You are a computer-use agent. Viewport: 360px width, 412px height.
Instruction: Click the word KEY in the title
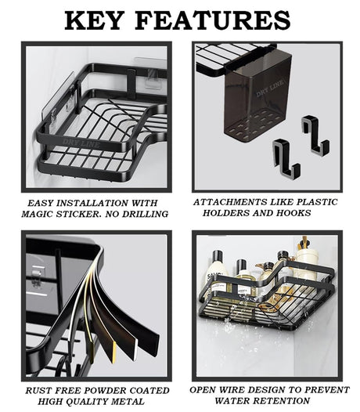pos(93,20)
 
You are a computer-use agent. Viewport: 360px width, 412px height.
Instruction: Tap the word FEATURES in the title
pos(213,20)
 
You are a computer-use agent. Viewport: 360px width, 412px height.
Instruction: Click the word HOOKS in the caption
pos(293,213)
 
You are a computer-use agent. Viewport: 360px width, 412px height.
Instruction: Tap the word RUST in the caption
pos(36,390)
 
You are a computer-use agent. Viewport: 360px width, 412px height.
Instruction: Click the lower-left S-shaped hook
pos(286,157)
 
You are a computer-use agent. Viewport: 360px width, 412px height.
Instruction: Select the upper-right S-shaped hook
pos(315,134)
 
